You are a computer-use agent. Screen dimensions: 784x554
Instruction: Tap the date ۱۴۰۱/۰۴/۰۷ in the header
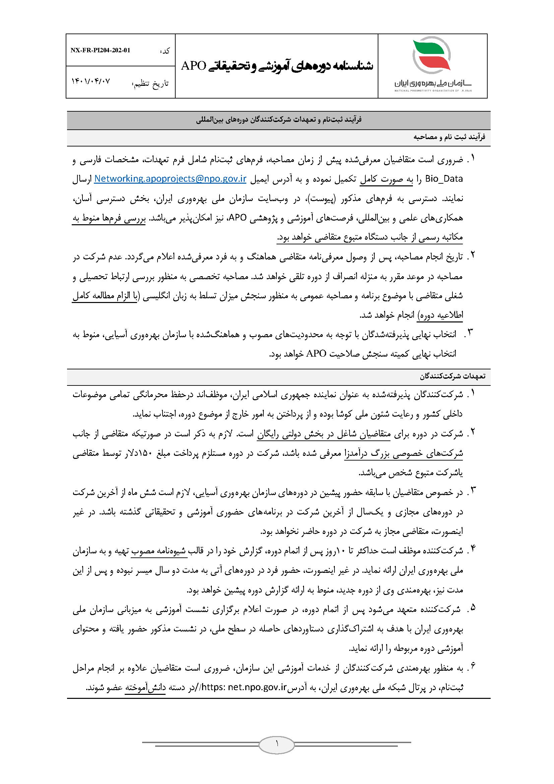click(x=91, y=82)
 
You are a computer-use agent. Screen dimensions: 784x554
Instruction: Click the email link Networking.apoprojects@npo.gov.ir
click(x=170, y=179)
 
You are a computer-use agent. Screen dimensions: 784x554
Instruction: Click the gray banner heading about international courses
click(x=279, y=120)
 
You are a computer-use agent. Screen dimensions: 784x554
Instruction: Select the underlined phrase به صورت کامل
click(x=387, y=179)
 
